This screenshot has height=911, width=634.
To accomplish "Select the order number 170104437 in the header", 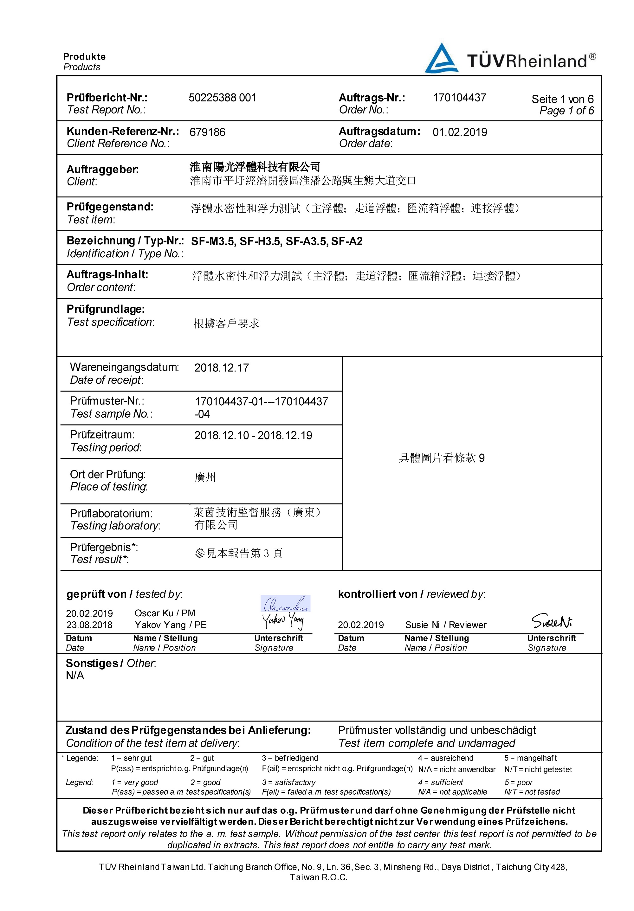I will [459, 98].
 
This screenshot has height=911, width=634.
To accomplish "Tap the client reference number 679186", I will [207, 132].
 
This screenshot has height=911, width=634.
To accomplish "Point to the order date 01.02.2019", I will [460, 132].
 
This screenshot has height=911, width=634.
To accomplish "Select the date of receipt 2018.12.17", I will [222, 368].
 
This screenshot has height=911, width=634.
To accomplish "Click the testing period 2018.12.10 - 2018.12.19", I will [253, 435].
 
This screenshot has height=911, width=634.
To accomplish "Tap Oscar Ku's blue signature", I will [285, 604].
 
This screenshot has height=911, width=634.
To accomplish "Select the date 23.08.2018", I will [89, 625].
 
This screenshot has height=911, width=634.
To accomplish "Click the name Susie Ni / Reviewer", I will [445, 625].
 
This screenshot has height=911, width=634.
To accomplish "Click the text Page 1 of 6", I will [566, 111].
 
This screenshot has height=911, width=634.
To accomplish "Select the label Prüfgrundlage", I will [106, 309].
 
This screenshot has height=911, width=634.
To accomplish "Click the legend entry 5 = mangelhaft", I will [530, 758].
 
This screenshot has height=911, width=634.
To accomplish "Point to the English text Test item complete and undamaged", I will [426, 743].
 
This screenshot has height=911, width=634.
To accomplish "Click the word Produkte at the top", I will [84, 56].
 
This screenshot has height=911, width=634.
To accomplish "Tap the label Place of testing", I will [109, 486].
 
